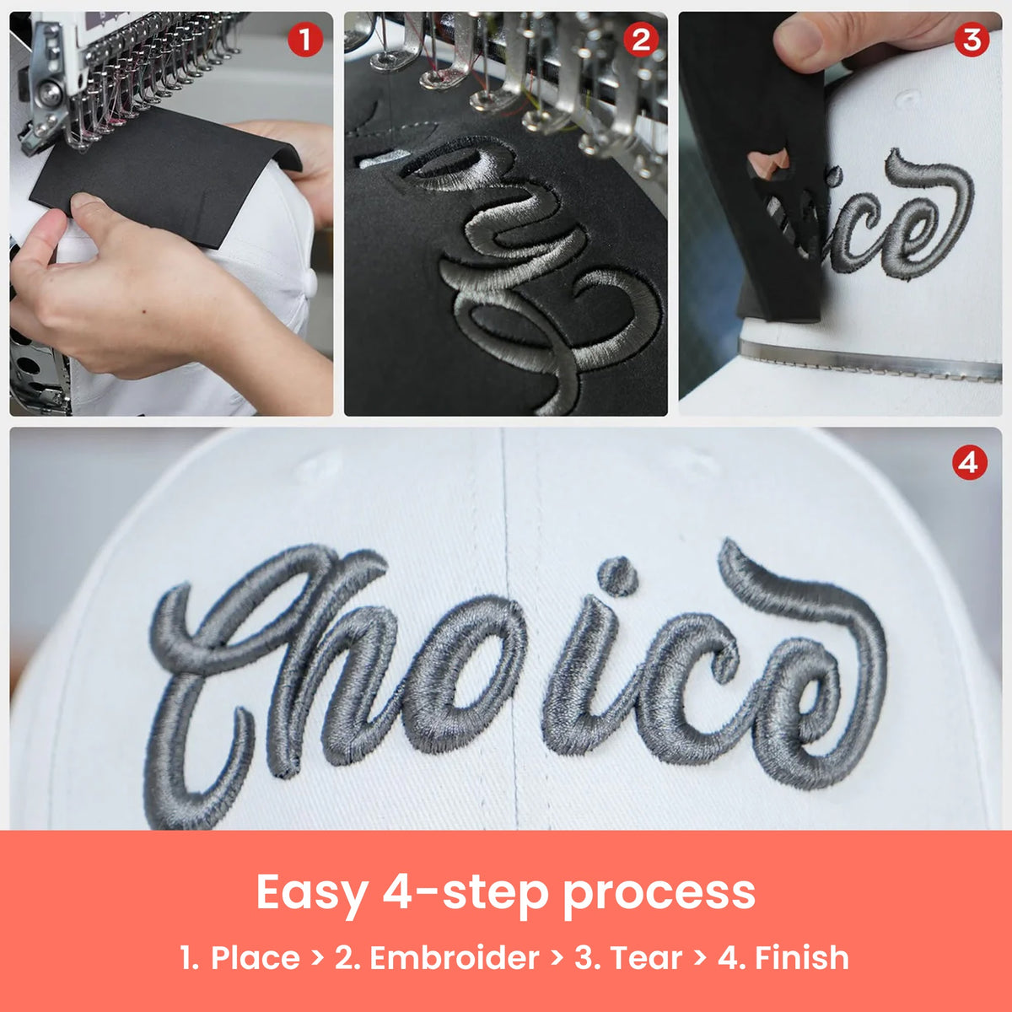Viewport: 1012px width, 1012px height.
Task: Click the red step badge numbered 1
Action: pyautogui.click(x=305, y=40)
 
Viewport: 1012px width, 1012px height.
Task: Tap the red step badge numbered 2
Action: pyautogui.click(x=640, y=40)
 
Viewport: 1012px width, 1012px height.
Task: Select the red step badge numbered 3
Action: pyautogui.click(x=972, y=40)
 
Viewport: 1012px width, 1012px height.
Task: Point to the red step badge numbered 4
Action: pyautogui.click(x=969, y=463)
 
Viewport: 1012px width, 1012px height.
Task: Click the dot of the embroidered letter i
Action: pyautogui.click(x=618, y=576)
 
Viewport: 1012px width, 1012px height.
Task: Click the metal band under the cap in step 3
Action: pyautogui.click(x=869, y=361)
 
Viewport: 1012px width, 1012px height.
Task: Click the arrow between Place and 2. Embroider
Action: pyautogui.click(x=317, y=957)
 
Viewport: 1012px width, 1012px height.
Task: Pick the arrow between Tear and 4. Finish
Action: pyautogui.click(x=699, y=957)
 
